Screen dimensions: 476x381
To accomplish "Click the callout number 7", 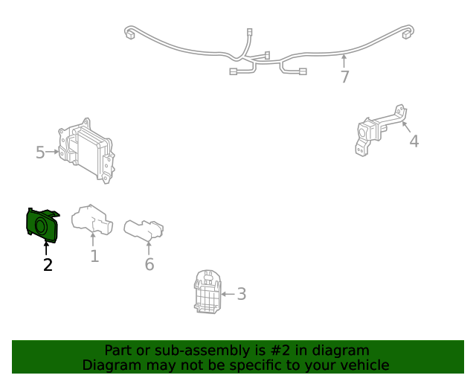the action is coord(344,77).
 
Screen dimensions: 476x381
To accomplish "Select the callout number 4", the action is coord(414,141).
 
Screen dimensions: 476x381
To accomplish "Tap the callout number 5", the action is coord(40,153).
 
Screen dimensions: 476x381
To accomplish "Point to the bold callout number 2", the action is coord(48,265).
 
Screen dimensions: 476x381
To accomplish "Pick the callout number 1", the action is coord(94,256).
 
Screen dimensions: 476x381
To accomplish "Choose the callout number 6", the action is coord(149,264).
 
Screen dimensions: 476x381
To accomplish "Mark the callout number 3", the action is coord(241,294).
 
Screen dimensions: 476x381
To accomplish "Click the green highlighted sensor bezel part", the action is coord(42,225).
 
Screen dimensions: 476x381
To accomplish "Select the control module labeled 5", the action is coord(86,151).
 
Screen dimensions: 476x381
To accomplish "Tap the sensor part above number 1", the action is coord(92,220).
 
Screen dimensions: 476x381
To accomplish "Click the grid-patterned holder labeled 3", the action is coord(208,292).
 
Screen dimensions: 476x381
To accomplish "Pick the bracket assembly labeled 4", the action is coord(381,131).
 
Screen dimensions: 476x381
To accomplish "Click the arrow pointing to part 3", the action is coord(228,294).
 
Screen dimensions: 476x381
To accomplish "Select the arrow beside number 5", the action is coord(52,151).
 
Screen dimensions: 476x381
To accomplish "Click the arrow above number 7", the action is coord(344,61).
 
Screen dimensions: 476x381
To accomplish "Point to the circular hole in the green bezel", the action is coord(40,226).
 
